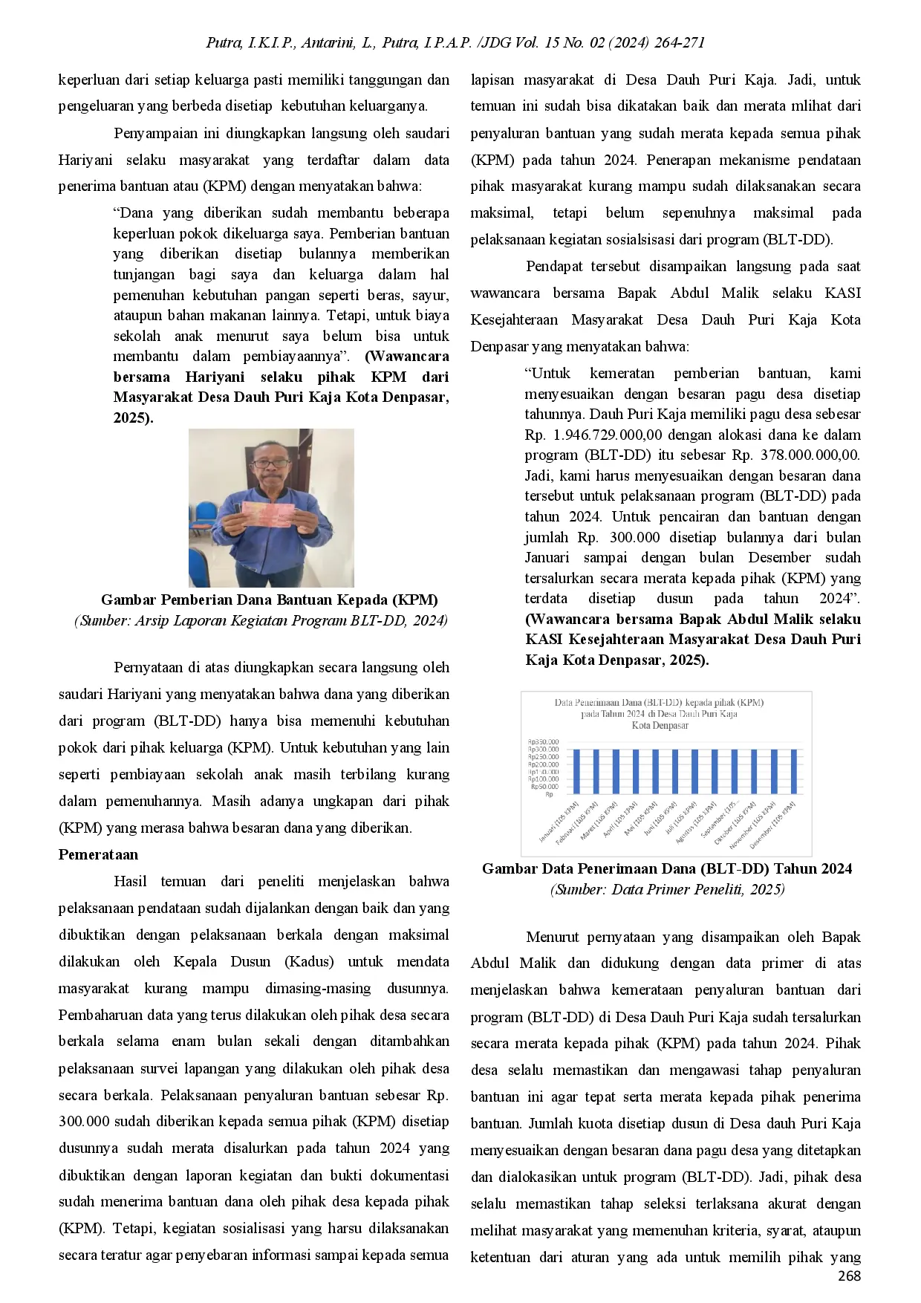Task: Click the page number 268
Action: [849, 1276]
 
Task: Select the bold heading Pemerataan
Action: [98, 854]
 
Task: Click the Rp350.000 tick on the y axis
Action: [543, 741]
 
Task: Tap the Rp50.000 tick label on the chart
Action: [544, 787]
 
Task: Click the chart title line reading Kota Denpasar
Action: [660, 725]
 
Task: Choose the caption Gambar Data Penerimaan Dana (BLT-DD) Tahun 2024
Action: [666, 868]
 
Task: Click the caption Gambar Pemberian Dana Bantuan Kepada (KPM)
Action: [269, 599]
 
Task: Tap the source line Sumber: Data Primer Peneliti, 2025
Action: [666, 889]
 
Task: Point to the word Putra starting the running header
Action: [223, 43]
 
